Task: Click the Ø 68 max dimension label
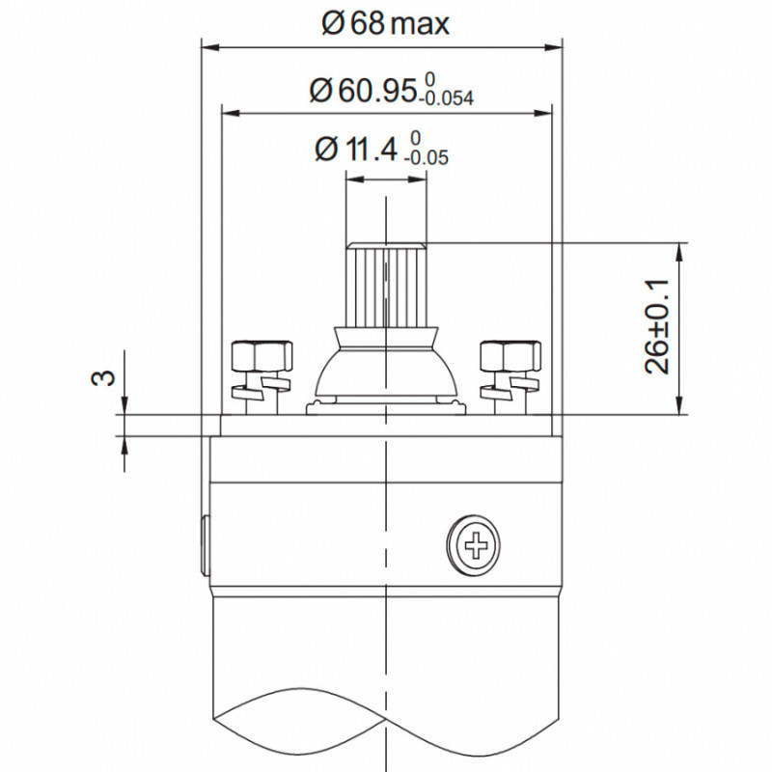coord(385,23)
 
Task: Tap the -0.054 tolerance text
coord(446,98)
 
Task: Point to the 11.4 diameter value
coord(371,150)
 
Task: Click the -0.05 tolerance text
coord(427,157)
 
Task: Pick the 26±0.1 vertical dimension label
coord(657,326)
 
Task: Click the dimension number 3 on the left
coord(103,377)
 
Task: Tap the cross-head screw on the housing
coord(475,545)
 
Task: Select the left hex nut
coord(262,358)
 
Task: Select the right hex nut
coord(510,358)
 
